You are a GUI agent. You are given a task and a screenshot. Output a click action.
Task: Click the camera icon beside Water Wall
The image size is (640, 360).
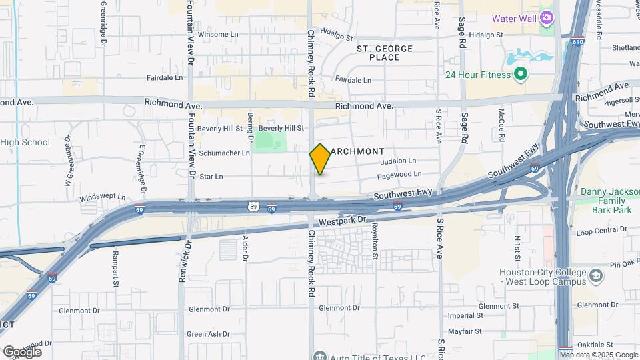[x=547, y=17]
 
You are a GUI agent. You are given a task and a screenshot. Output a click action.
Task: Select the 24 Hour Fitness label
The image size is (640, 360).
[x=478, y=75]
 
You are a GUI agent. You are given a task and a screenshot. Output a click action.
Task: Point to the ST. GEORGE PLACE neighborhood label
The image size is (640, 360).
[x=384, y=53]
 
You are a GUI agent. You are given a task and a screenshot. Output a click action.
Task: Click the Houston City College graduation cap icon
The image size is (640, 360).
[x=596, y=275]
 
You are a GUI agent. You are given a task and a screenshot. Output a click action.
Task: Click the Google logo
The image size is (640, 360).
[x=22, y=351]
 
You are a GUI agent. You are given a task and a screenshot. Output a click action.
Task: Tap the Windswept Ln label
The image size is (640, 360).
[x=102, y=197]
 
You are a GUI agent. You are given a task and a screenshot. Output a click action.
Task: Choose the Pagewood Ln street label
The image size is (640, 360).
[x=399, y=174]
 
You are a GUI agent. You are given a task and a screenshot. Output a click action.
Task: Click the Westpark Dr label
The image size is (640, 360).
[x=343, y=219]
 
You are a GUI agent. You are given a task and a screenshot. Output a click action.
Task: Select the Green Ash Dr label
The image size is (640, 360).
[x=208, y=334]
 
